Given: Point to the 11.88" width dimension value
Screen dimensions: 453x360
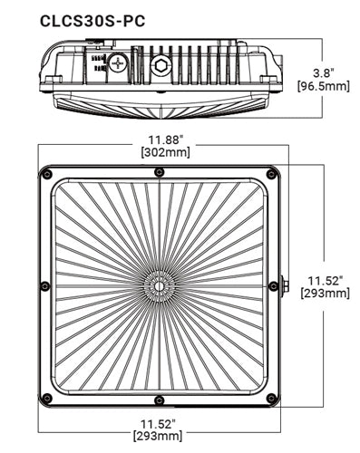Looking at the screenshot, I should [161, 139].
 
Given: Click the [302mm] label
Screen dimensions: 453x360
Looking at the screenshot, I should [161, 152].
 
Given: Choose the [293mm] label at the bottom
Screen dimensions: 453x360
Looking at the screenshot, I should [159, 438].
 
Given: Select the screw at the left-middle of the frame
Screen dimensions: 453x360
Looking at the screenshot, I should [44, 286].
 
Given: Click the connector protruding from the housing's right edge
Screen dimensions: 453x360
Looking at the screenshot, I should [286, 286].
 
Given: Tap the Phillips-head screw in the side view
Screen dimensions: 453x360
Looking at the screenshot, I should [120, 64].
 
